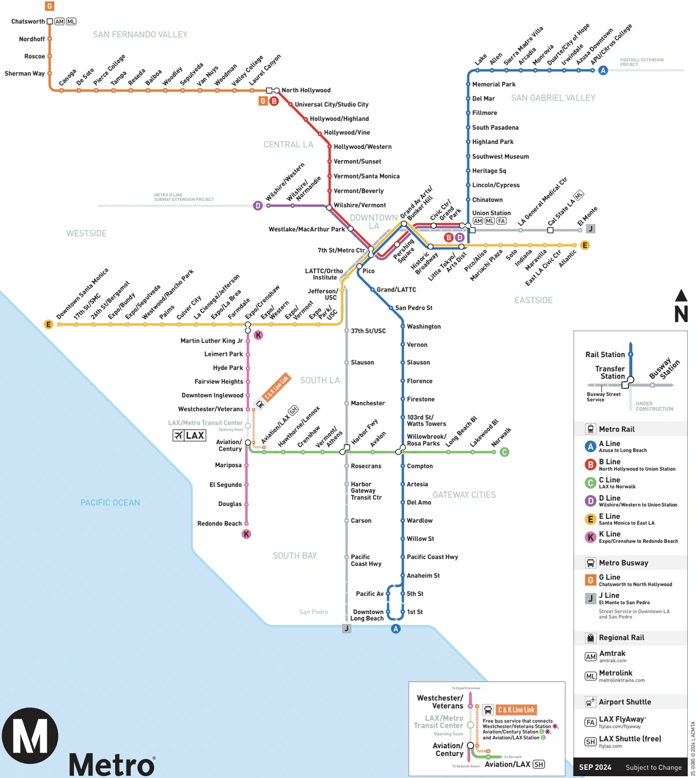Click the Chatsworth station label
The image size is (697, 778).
[28, 21]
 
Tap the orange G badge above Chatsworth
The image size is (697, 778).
[50, 6]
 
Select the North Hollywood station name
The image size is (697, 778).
[306, 90]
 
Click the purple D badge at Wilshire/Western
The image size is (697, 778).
[258, 206]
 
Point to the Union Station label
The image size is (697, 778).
[491, 213]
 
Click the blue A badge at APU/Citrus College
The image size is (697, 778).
[603, 70]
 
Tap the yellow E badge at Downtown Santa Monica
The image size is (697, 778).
[49, 325]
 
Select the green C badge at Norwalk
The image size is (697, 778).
[504, 452]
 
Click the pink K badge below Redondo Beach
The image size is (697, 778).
[247, 534]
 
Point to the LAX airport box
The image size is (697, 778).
[189, 435]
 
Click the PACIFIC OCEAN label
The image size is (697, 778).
[110, 502]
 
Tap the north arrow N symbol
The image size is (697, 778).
[681, 306]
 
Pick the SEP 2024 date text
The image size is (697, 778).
[595, 767]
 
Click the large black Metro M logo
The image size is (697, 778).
[30, 736]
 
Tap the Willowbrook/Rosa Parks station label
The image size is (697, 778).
[426, 440]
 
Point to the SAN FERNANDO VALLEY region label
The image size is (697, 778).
[140, 35]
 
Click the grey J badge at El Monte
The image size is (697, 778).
[590, 229]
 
